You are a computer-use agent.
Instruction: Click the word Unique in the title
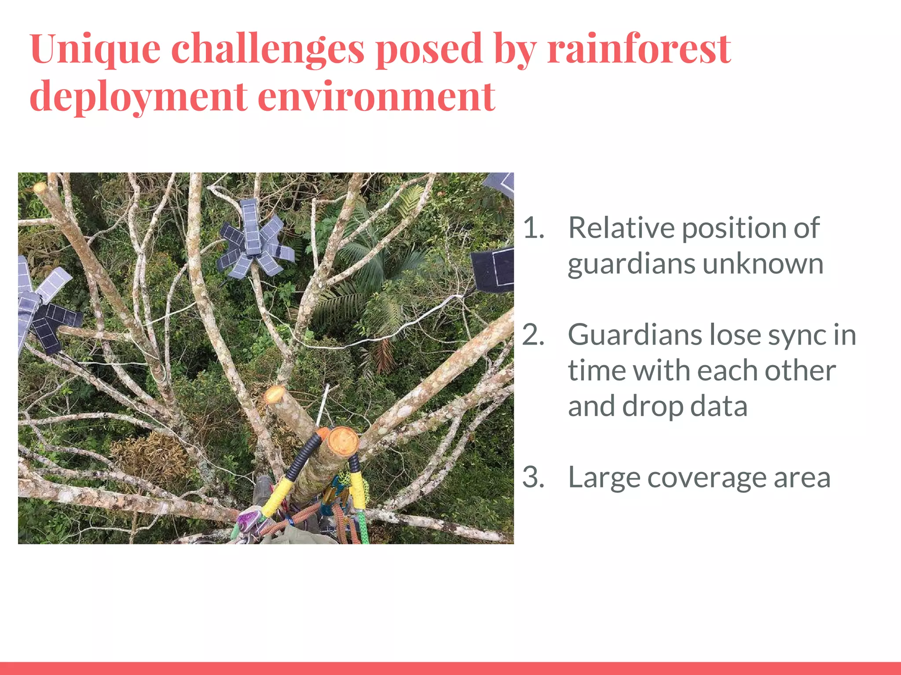[95, 49]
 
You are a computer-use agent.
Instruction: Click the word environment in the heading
[377, 97]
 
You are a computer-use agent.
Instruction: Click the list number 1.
[533, 229]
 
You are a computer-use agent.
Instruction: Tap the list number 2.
[533, 335]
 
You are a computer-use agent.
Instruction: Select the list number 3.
[533, 478]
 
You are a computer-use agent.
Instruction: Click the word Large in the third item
[603, 478]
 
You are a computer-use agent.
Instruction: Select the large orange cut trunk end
[344, 441]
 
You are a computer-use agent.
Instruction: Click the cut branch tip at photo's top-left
[40, 188]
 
